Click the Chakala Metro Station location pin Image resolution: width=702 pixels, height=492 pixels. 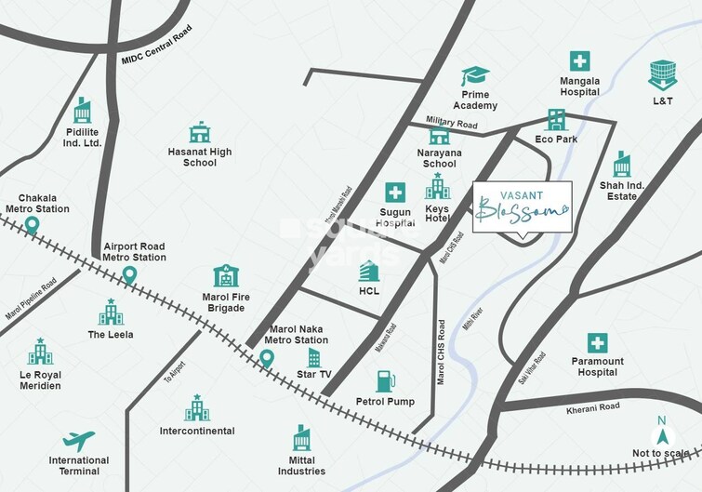[x=32, y=224]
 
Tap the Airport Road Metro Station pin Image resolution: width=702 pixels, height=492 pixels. [x=130, y=274]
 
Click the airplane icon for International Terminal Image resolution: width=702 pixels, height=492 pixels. [x=78, y=440]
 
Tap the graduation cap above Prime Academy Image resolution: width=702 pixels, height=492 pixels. [x=475, y=76]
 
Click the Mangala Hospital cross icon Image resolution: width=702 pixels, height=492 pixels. [x=579, y=61]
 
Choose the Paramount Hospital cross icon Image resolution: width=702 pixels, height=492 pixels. [x=597, y=342]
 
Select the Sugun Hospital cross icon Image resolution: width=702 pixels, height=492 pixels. [x=396, y=193]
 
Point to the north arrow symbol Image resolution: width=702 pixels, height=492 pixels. [x=662, y=431]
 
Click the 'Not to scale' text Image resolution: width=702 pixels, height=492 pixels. [x=661, y=453]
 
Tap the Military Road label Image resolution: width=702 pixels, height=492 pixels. [x=452, y=123]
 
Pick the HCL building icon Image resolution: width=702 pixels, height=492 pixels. [x=369, y=271]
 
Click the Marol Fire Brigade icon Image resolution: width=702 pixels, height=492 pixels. [x=226, y=275]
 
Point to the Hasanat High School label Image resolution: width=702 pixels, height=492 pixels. [x=200, y=157]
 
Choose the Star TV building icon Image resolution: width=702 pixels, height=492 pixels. [x=314, y=358]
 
